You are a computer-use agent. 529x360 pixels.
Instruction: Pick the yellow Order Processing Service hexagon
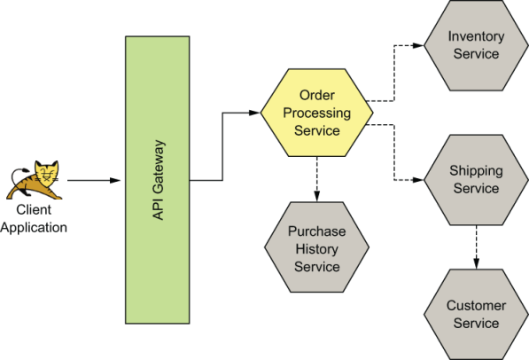coord(316,113)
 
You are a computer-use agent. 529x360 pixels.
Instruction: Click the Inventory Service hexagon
coord(476,45)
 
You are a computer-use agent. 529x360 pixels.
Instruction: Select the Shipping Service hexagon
coord(476,180)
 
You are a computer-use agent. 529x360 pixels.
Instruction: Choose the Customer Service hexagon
coord(476,314)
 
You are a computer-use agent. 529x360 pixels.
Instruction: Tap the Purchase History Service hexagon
coord(316,247)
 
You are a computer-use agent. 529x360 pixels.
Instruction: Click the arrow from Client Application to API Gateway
coord(93,180)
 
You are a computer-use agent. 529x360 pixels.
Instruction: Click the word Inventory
coord(476,37)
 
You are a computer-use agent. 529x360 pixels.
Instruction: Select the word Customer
coord(476,306)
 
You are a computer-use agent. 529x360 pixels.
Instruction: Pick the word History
coord(316,247)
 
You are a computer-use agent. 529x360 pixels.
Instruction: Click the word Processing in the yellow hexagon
coord(316,113)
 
